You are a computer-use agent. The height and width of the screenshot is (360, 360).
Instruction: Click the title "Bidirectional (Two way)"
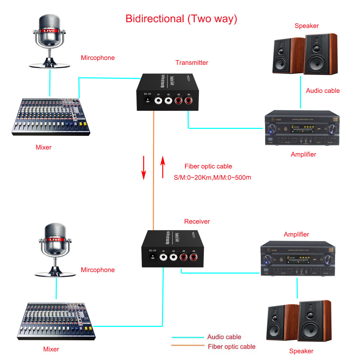tap(181, 19)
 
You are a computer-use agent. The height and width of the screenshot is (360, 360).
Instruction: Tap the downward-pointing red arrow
tap(144, 167)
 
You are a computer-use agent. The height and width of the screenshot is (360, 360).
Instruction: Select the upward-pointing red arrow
tap(163, 167)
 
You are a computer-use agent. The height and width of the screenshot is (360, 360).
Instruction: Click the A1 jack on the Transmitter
tap(159, 101)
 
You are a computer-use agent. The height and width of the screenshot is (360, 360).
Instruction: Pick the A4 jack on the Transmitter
tap(188, 101)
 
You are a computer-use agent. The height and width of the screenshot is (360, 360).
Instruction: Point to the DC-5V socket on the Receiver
tap(154, 257)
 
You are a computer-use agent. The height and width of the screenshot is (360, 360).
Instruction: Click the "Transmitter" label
tap(192, 63)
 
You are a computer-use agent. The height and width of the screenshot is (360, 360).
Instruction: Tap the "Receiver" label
tap(197, 221)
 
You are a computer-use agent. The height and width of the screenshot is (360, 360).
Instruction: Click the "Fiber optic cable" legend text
tap(231, 347)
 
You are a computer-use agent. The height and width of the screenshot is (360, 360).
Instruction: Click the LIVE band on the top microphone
tap(49, 31)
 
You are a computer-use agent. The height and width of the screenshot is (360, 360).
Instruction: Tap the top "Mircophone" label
tap(98, 58)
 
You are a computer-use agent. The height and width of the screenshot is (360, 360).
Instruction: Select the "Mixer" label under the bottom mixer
tap(51, 349)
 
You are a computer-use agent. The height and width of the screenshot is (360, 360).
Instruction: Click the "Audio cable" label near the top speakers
tap(323, 91)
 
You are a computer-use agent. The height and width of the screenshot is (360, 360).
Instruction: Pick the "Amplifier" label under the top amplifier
tap(303, 154)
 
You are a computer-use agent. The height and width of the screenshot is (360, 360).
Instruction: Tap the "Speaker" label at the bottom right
tap(301, 351)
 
